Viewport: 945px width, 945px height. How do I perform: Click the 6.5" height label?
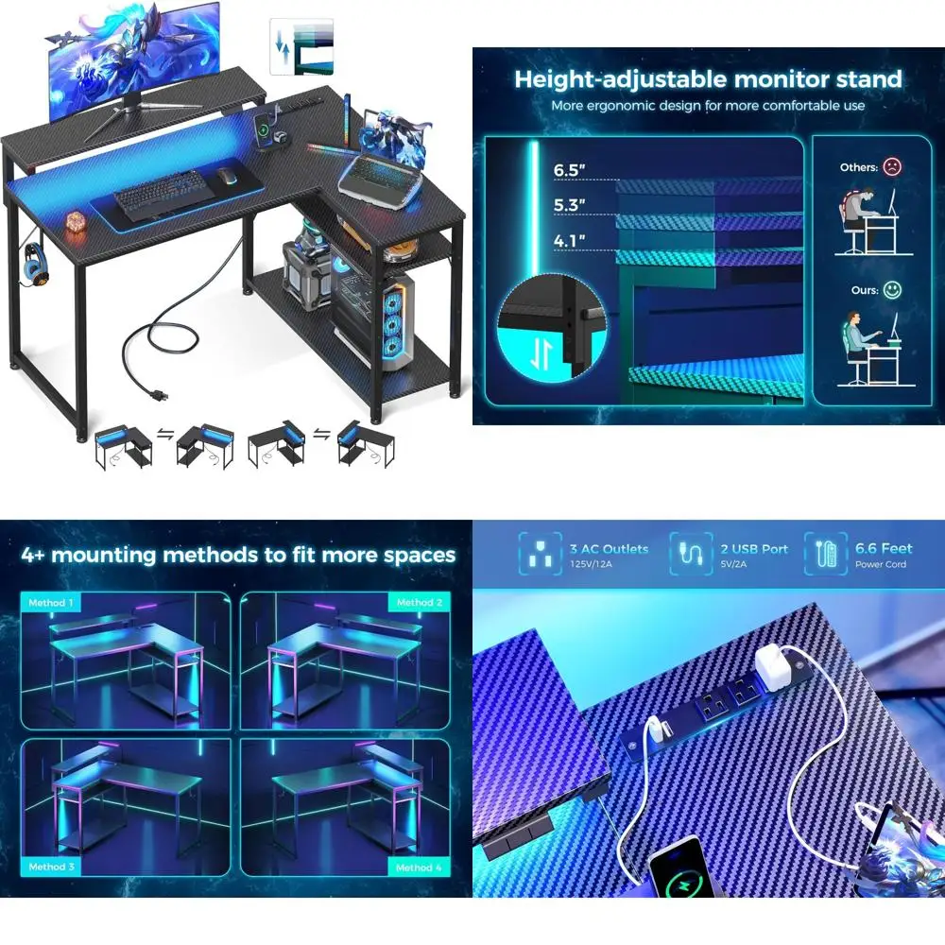pos(569,171)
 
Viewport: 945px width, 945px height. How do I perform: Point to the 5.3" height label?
pos(569,205)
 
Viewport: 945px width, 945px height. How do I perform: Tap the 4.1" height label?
pos(569,240)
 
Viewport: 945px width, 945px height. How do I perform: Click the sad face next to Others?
pos(892,167)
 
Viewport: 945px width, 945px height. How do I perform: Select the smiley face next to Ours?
pos(892,290)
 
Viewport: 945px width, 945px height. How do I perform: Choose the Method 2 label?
pos(414,603)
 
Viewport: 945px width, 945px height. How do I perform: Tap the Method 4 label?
pos(414,866)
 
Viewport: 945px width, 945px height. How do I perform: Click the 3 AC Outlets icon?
pos(541,555)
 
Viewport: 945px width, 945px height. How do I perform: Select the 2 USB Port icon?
pos(691,555)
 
